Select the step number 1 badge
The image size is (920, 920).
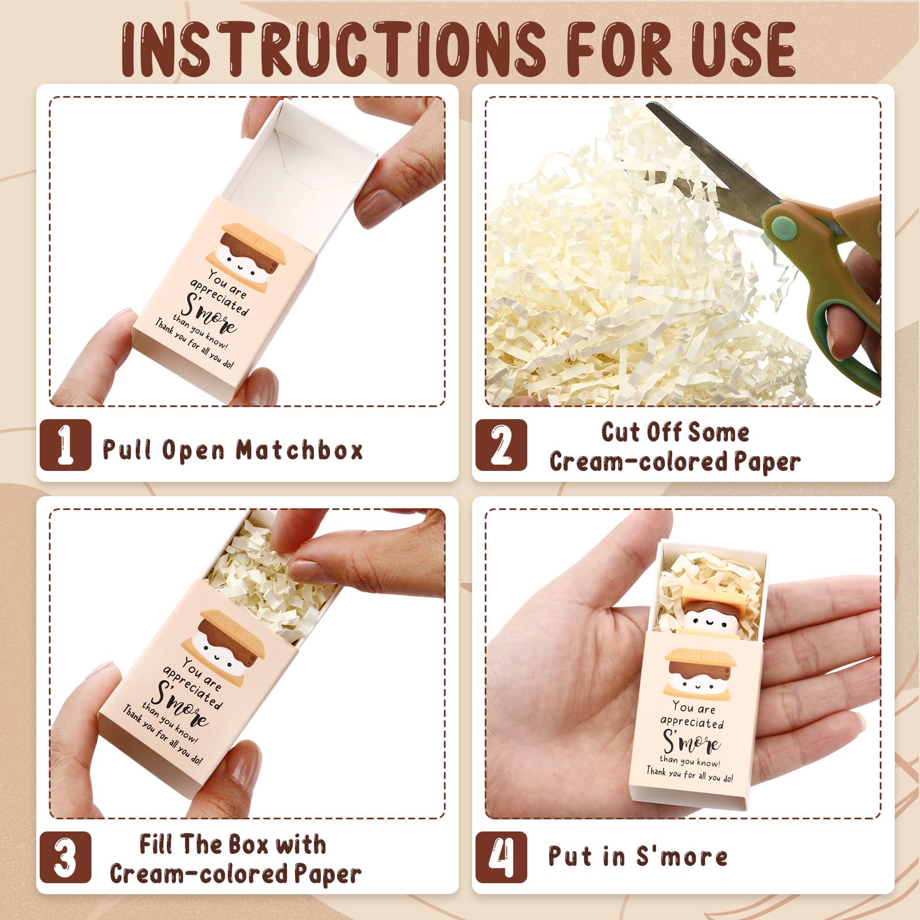point(65,444)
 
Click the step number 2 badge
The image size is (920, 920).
point(501,444)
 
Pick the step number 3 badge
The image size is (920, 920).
point(65,857)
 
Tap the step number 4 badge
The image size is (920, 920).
point(501,857)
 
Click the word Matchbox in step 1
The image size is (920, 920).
point(300,450)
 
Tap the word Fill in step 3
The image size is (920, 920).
point(156,844)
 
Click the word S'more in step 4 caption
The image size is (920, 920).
point(681,856)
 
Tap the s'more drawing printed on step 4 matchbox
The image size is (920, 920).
point(700,670)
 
